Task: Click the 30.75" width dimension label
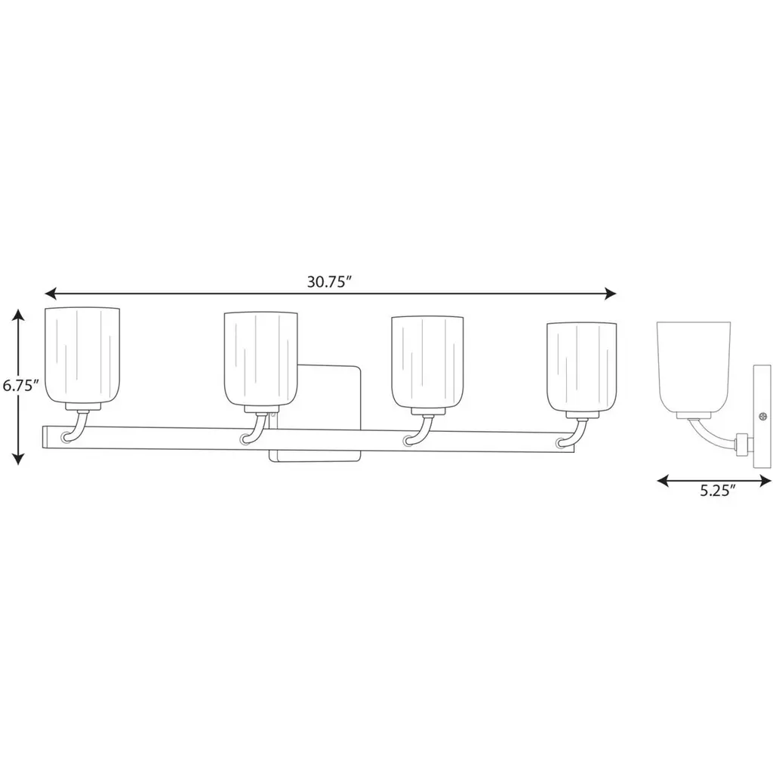(329, 282)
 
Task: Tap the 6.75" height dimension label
(20, 385)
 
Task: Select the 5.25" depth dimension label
(718, 491)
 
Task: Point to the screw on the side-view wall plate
(763, 417)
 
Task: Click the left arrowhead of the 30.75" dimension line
(51, 294)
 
